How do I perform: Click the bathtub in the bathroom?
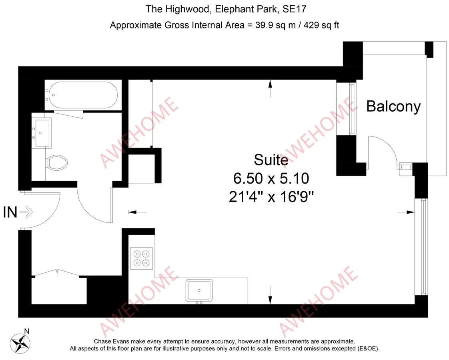(83, 95)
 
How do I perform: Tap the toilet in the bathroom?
(57, 163)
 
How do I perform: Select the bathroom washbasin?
(42, 133)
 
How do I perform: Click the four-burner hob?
(141, 258)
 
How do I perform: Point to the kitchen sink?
(199, 291)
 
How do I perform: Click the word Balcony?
(393, 106)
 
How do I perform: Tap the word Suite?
(271, 160)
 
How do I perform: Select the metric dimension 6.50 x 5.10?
(271, 178)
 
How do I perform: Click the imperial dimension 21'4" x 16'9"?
(271, 196)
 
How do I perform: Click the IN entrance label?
(10, 212)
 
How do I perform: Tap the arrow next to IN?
(26, 212)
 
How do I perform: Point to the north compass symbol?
(20, 343)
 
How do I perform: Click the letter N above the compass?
(27, 331)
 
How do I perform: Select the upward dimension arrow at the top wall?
(270, 88)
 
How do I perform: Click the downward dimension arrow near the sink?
(270, 295)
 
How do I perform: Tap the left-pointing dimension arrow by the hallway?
(137, 212)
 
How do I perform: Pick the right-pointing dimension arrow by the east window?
(406, 212)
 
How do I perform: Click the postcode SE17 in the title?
(295, 9)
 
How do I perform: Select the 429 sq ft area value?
(321, 26)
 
